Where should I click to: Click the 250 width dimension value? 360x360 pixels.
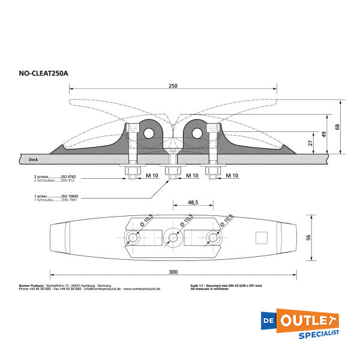tap(173, 86)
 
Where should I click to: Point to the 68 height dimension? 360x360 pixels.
tap(337, 127)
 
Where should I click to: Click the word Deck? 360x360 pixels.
tap(34, 160)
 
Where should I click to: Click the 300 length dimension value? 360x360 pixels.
tap(173, 272)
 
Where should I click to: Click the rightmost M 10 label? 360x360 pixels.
tap(232, 176)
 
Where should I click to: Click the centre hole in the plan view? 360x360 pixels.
tap(173, 238)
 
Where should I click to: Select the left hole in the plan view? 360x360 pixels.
tap(133, 238)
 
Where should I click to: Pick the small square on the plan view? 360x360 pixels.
tap(261, 238)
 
